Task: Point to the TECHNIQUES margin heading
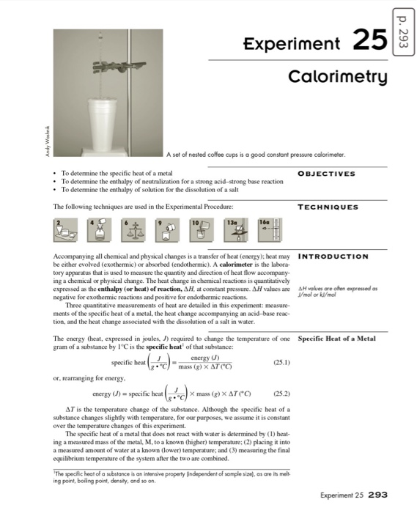pyautogui.click(x=328, y=207)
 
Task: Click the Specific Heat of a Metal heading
pyautogui.click(x=336, y=339)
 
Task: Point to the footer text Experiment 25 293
pyautogui.click(x=355, y=495)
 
